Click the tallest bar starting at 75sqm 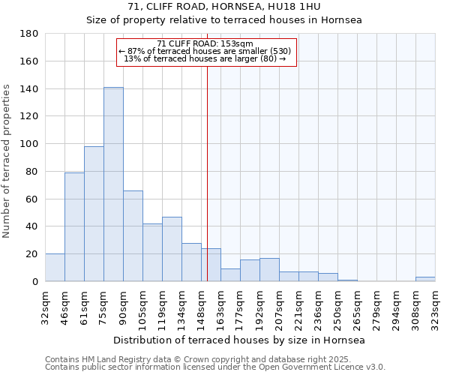tap(113, 184)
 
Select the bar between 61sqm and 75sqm tap(94, 214)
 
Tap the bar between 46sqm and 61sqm tap(74, 226)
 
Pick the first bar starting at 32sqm tap(55, 268)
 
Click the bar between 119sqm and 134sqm tap(172, 249)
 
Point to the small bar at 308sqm tap(425, 279)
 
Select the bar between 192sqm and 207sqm tap(269, 270)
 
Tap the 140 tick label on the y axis tap(29, 89)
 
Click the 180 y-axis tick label tap(29, 34)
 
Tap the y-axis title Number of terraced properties tap(7, 161)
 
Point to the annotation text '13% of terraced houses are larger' tap(205, 58)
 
